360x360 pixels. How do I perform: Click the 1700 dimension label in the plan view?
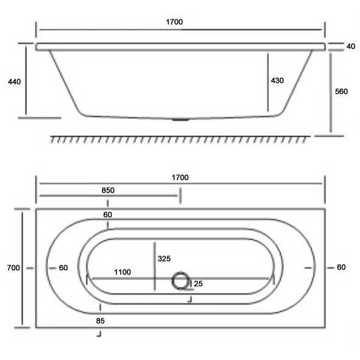click(179, 178)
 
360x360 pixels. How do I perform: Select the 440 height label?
click(13, 81)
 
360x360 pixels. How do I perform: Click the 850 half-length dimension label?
click(107, 190)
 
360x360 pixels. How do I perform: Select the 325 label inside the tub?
click(164, 259)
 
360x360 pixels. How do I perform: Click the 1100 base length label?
click(122, 273)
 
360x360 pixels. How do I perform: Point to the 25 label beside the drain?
click(199, 283)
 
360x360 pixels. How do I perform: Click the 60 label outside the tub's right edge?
click(341, 267)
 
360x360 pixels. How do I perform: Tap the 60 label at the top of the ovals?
click(108, 215)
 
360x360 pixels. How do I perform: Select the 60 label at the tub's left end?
click(63, 268)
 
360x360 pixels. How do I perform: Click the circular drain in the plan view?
click(180, 281)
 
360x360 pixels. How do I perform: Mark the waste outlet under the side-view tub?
click(179, 119)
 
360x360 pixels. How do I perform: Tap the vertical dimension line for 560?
click(331, 92)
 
